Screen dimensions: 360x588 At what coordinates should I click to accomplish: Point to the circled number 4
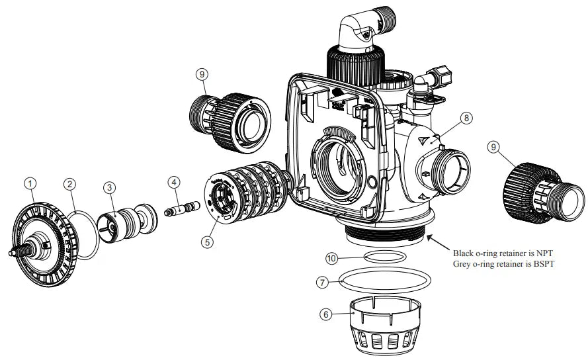click(x=173, y=181)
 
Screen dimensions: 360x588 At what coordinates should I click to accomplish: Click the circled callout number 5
click(x=208, y=242)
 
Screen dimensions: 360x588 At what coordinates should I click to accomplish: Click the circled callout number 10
click(x=333, y=257)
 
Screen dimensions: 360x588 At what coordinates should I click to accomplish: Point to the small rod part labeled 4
click(x=182, y=208)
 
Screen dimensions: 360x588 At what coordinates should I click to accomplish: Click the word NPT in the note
click(x=542, y=253)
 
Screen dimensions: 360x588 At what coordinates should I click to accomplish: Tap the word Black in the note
click(x=464, y=253)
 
